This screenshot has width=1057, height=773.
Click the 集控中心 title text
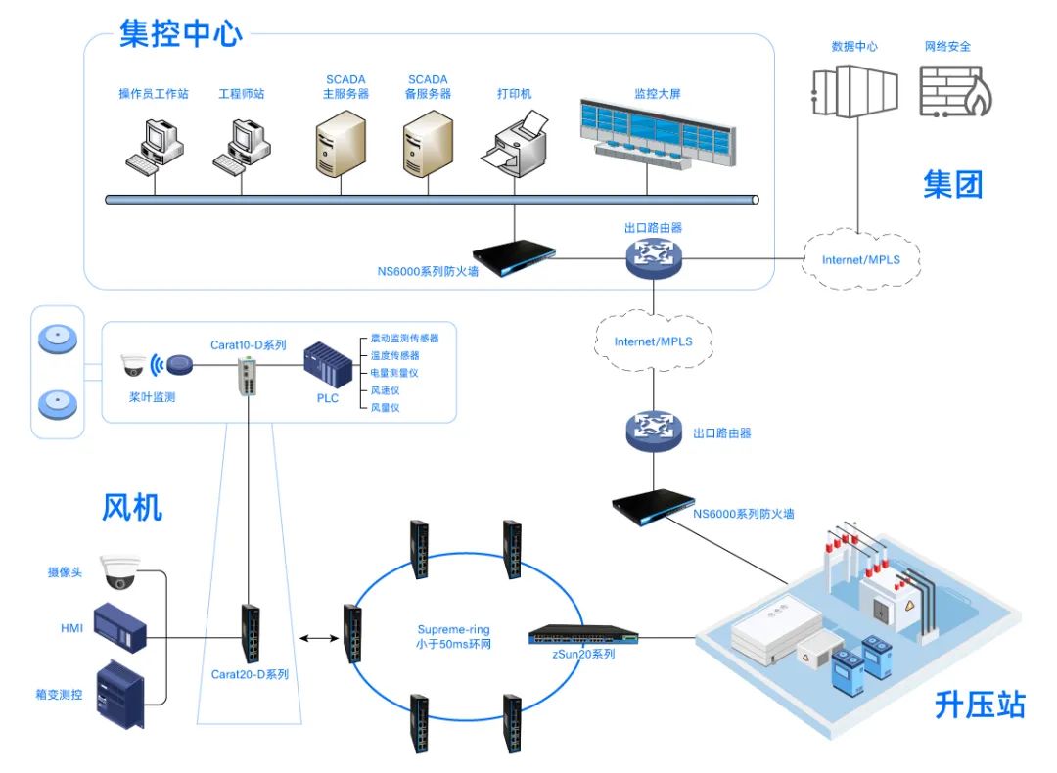180,33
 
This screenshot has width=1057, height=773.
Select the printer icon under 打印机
515,143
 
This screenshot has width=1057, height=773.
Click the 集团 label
952,183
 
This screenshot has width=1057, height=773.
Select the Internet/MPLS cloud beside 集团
859,259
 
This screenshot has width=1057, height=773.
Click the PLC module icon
327,365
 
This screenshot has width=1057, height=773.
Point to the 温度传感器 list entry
394,355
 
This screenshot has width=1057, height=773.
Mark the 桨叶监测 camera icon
133,366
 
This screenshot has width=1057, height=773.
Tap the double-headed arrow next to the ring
316,639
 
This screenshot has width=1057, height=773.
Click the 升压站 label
979,705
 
